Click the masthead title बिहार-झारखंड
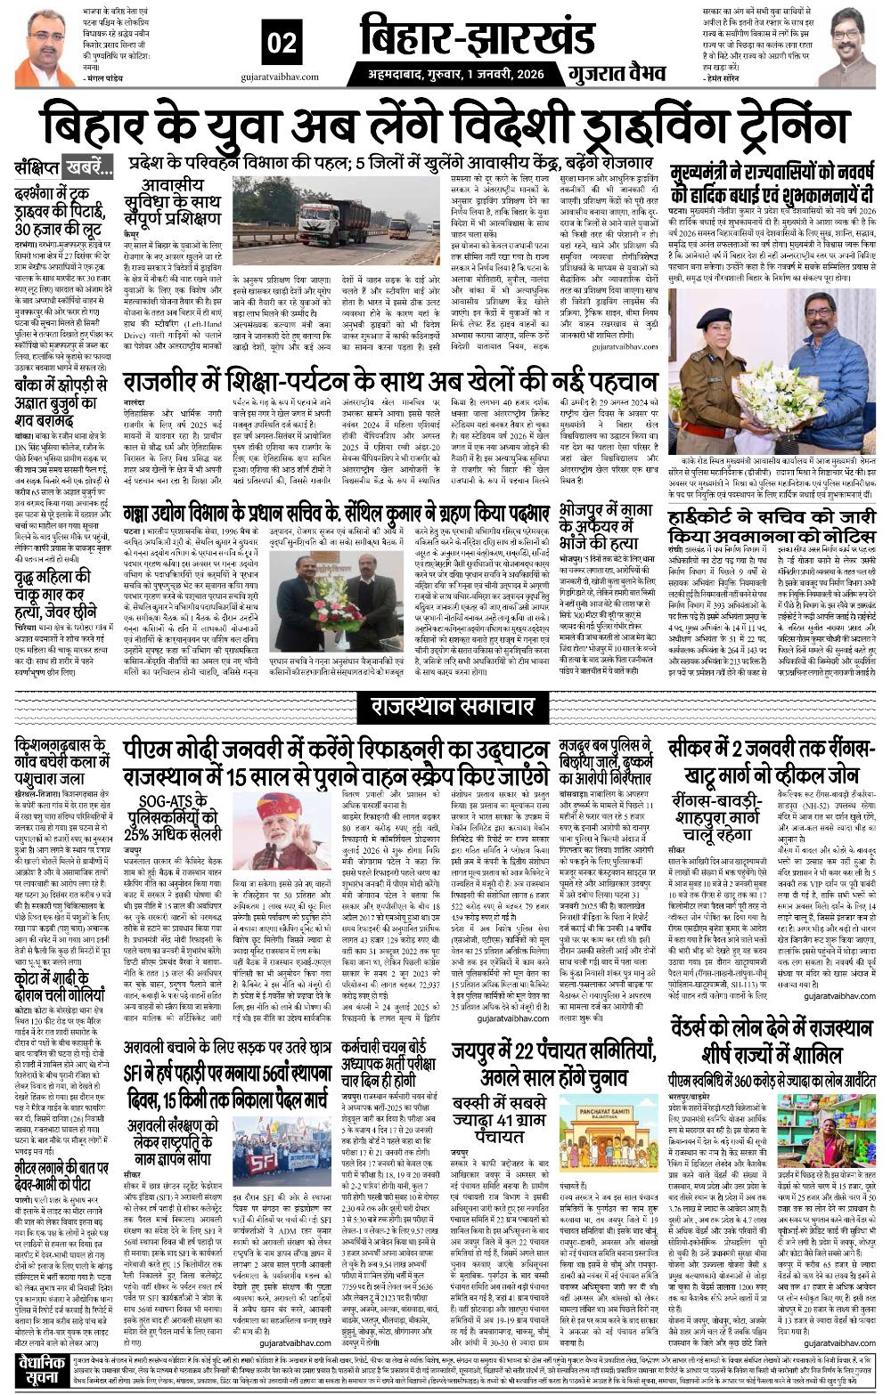tap(477, 39)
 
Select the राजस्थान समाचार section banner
tap(445, 709)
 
